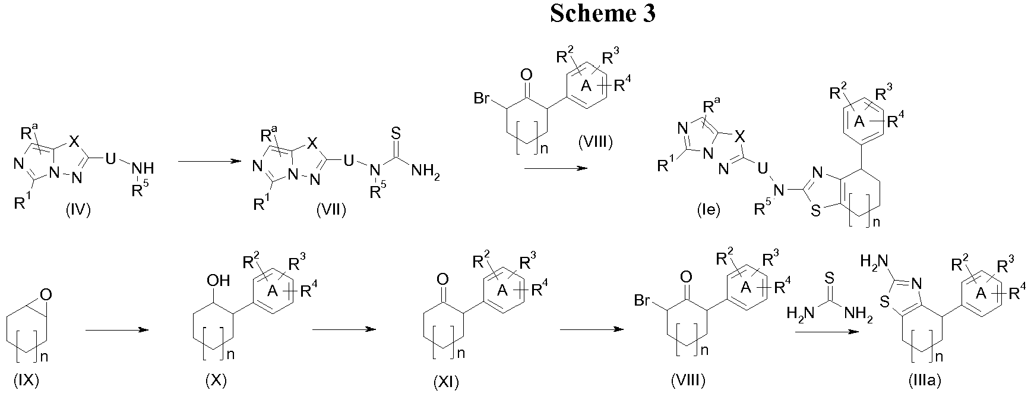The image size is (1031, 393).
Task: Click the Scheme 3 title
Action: click(x=602, y=13)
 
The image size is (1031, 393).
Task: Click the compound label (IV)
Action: click(x=78, y=210)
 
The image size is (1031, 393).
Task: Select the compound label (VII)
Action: click(x=331, y=210)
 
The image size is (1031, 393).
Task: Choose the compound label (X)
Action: click(x=214, y=379)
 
